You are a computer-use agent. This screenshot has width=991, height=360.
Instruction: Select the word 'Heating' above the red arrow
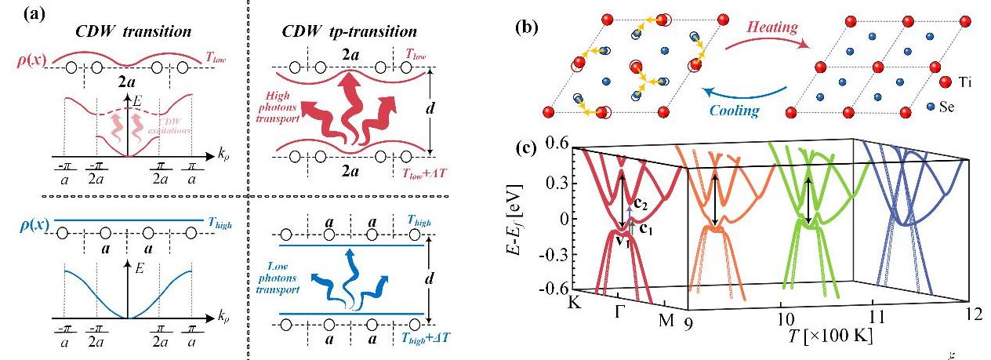pyautogui.click(x=771, y=28)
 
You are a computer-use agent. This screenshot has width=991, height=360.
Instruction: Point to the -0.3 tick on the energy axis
pyautogui.click(x=552, y=253)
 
